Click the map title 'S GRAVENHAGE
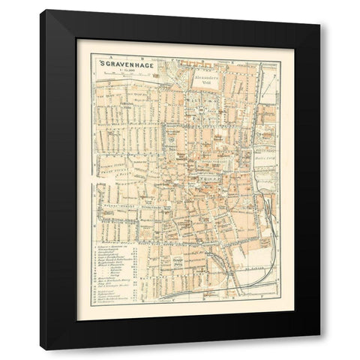pos(126,64)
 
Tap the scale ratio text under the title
pos(124,71)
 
